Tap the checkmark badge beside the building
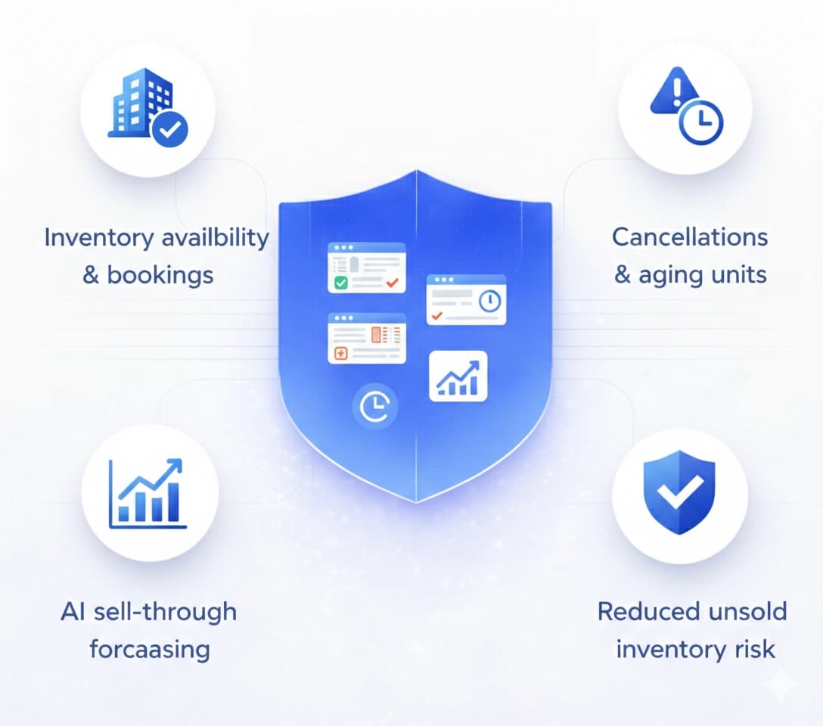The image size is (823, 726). point(172,129)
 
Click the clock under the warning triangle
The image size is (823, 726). point(701,122)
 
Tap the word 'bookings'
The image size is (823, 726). point(160,275)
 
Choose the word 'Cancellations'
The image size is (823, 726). point(690,237)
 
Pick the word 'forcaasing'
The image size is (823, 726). point(149,649)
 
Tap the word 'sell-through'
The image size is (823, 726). point(166,611)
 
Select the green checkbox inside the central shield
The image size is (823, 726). point(340,283)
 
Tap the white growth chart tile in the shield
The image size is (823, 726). point(458,376)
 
